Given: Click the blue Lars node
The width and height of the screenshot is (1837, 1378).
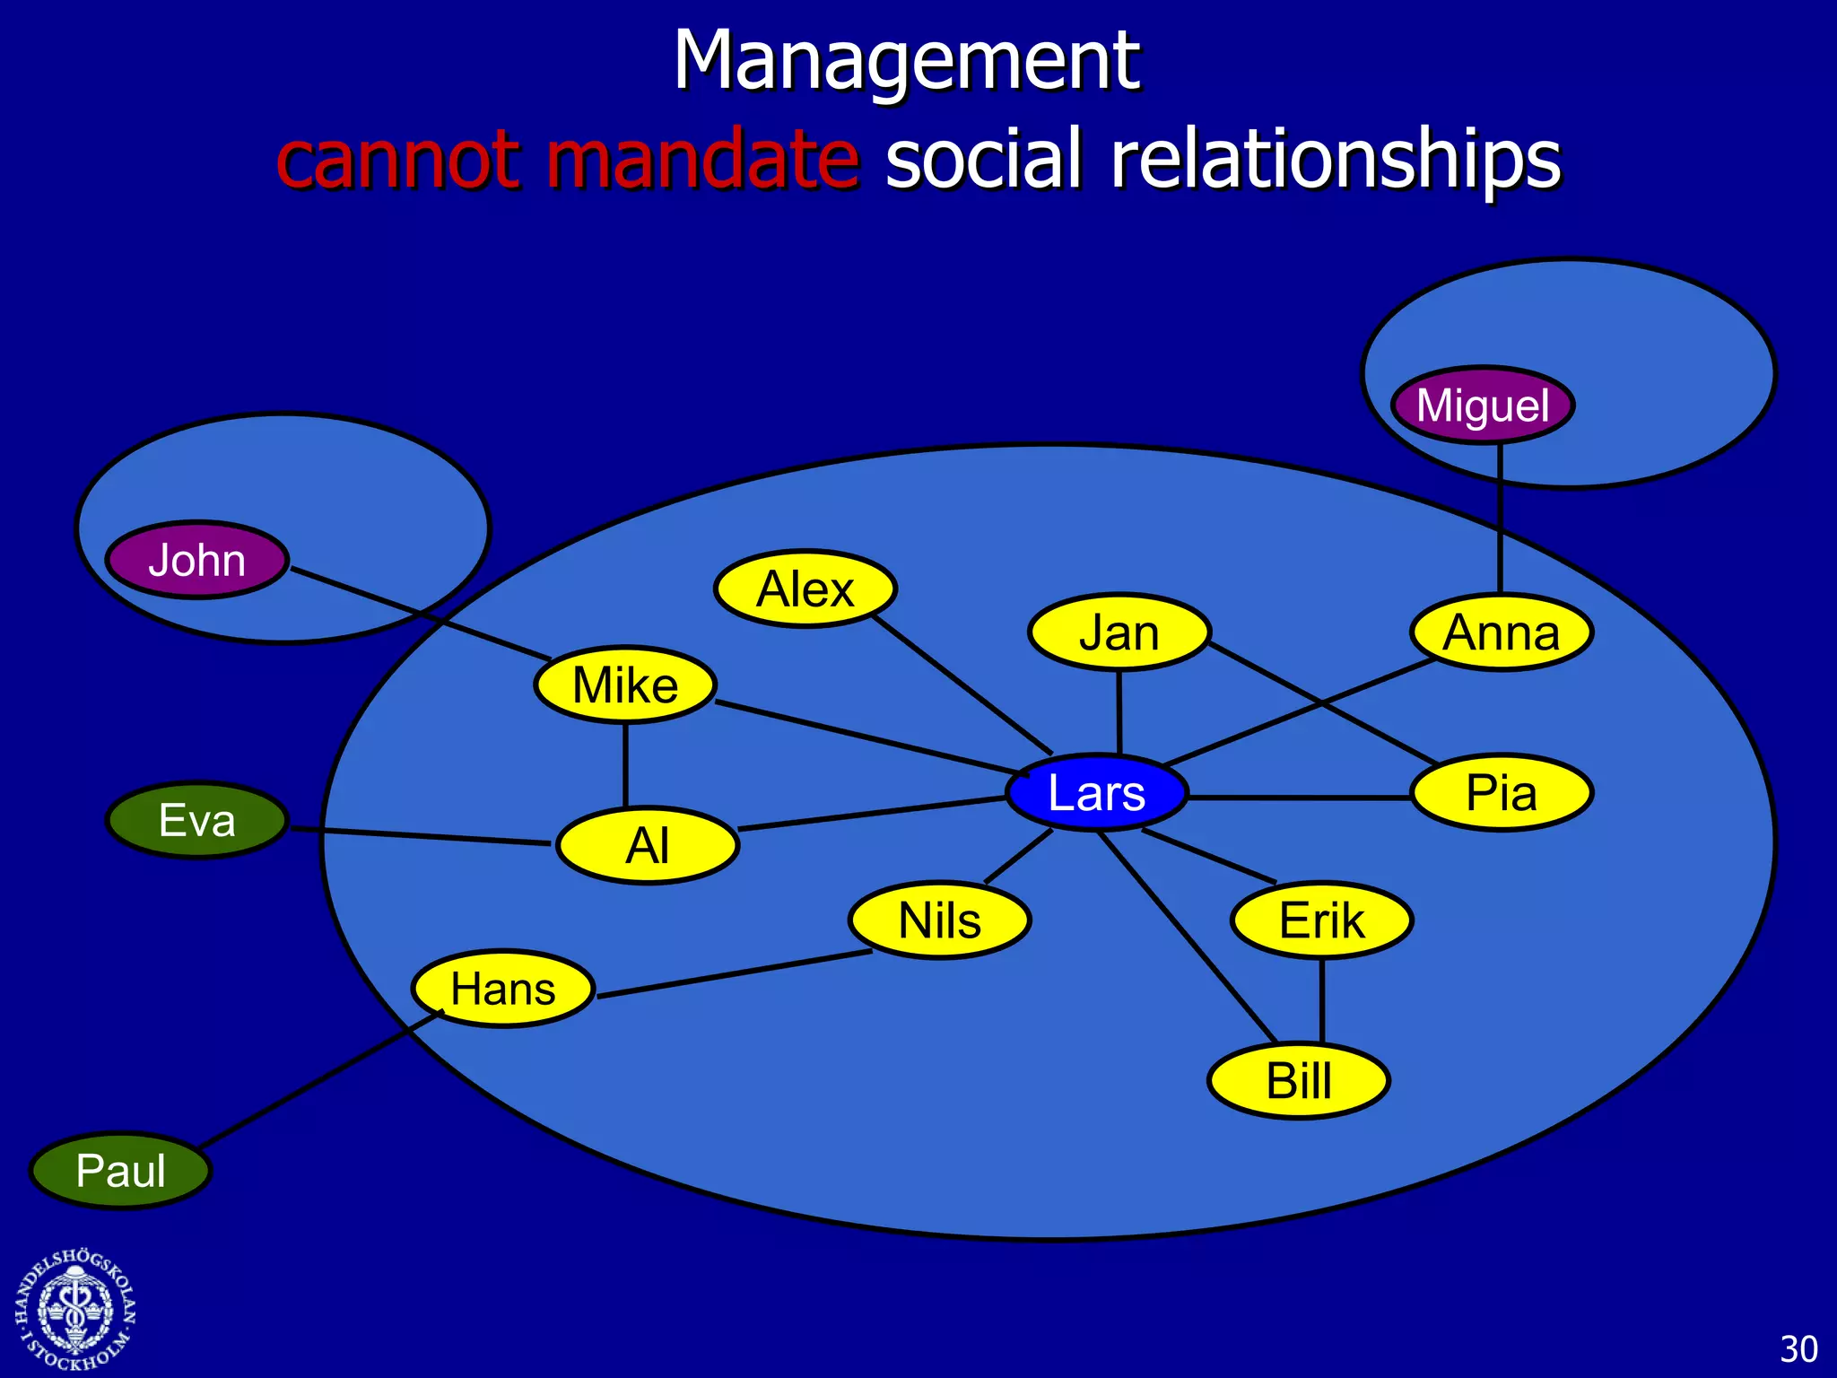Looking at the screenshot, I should (1096, 792).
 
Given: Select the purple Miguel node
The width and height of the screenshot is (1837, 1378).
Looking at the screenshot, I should (1483, 405).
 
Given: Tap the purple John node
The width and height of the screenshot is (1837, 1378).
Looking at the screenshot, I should (197, 560).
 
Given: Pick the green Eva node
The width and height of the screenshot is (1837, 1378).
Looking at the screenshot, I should (197, 820).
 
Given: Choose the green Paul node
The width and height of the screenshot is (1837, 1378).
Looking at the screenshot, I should (120, 1170).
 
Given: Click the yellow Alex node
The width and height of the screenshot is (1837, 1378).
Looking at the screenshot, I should (805, 589).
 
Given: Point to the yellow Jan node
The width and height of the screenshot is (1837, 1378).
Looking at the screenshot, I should (1119, 632).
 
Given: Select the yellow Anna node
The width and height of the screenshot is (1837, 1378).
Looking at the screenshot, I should (1502, 632).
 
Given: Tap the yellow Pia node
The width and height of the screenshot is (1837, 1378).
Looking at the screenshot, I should (1502, 792).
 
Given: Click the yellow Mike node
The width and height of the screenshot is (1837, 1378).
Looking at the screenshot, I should (625, 685).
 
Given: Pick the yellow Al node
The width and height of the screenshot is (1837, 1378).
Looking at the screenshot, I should (648, 845).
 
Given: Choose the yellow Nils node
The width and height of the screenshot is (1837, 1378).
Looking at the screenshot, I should (940, 920).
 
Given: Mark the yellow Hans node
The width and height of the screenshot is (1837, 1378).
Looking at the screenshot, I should (503, 988).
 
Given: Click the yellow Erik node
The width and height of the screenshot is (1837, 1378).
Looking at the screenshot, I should (1322, 920).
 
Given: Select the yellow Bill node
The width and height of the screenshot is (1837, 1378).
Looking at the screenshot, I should (1299, 1080).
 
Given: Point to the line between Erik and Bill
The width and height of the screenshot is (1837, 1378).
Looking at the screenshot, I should (1322, 1000).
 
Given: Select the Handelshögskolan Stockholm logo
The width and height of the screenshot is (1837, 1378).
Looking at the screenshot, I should (75, 1310).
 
